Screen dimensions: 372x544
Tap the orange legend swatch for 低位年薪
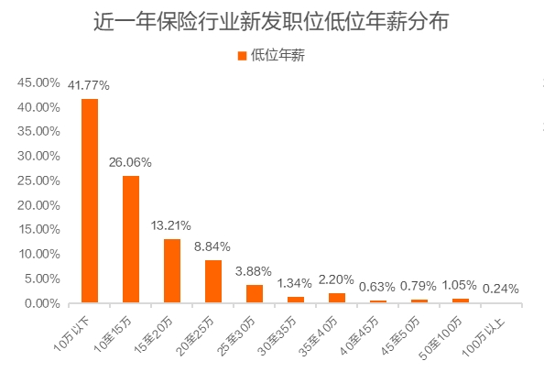pyautogui.click(x=243, y=56)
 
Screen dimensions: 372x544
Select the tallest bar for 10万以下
pyautogui.click(x=90, y=201)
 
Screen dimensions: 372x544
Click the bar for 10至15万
pyautogui.click(x=131, y=239)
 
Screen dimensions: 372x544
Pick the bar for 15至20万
pyautogui.click(x=172, y=270)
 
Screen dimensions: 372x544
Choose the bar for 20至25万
pyautogui.click(x=213, y=281)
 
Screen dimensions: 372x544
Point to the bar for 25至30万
pyautogui.click(x=255, y=293)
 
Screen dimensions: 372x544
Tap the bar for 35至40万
pyautogui.click(x=337, y=298)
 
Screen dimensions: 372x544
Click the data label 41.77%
pyautogui.click(x=89, y=85)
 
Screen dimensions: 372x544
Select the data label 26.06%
pyautogui.click(x=130, y=162)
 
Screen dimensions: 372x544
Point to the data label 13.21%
pyautogui.click(x=171, y=225)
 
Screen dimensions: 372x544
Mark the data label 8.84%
pyautogui.click(x=212, y=246)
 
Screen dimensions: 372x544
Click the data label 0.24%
pyautogui.click(x=500, y=289)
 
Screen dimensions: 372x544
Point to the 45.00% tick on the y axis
pyautogui.click(x=38, y=82)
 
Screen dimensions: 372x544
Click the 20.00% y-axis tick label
pyautogui.click(x=38, y=205)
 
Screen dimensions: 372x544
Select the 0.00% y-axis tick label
pyautogui.click(x=41, y=303)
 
